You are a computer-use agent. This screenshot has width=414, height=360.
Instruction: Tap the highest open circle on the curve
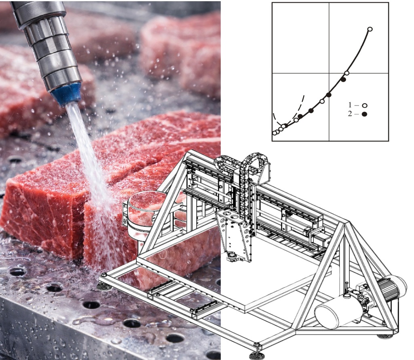[370, 29]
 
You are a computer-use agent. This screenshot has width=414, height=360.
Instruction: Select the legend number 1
[350, 105]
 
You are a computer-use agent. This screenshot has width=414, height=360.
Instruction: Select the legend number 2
[350, 114]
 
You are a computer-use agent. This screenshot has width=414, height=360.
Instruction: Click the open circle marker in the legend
[365, 106]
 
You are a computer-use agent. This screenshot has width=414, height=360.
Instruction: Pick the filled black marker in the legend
[365, 114]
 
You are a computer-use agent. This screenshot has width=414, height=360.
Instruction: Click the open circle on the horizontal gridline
[347, 73]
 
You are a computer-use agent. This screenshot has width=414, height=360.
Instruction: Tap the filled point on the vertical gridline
[329, 95]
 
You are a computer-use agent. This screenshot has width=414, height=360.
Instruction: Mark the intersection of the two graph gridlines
[329, 73]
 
